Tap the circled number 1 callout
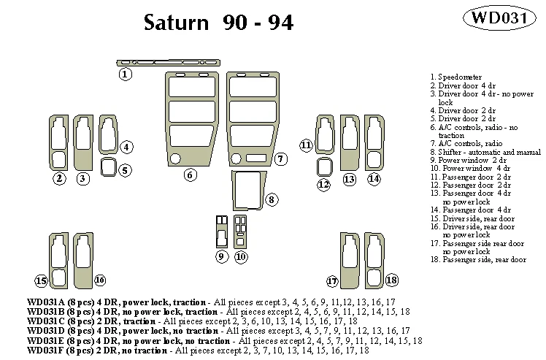click(126, 74)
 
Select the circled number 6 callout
click(190, 175)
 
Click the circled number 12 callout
click(324, 185)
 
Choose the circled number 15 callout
click(42, 280)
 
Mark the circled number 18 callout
click(392, 280)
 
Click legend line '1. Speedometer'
click(455, 76)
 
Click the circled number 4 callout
click(126, 148)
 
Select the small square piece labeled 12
click(323, 166)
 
